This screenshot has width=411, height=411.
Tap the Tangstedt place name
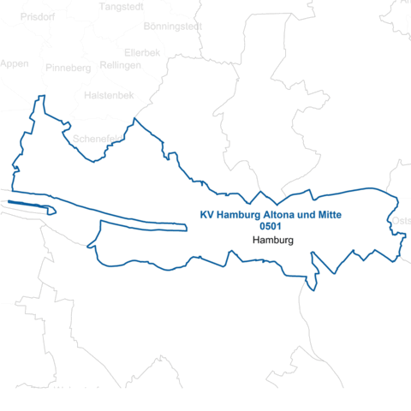[122, 7]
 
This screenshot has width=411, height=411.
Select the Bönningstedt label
[173, 27]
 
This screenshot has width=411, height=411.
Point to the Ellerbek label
[142, 52]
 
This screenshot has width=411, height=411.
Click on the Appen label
[15, 64]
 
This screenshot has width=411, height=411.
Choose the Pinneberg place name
[68, 68]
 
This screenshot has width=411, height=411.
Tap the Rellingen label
[120, 65]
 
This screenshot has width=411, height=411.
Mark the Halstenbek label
[107, 96]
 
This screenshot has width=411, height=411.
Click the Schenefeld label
[96, 138]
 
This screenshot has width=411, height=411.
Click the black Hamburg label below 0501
[273, 241]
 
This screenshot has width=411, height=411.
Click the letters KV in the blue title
[205, 215]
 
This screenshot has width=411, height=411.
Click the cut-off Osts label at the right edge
[401, 222]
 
